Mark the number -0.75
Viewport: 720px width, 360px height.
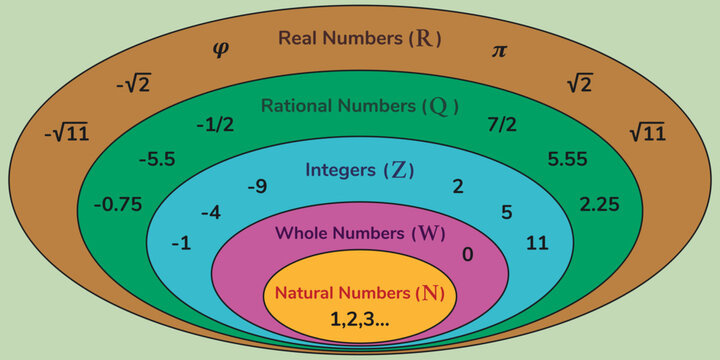[x=117, y=204]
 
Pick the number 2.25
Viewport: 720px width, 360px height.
[x=600, y=204]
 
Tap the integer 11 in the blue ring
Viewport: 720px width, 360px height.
[x=536, y=243]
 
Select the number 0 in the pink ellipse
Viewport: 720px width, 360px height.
[x=467, y=254]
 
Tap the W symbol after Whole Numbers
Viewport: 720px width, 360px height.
[x=427, y=233]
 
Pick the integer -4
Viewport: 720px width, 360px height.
[x=210, y=213]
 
